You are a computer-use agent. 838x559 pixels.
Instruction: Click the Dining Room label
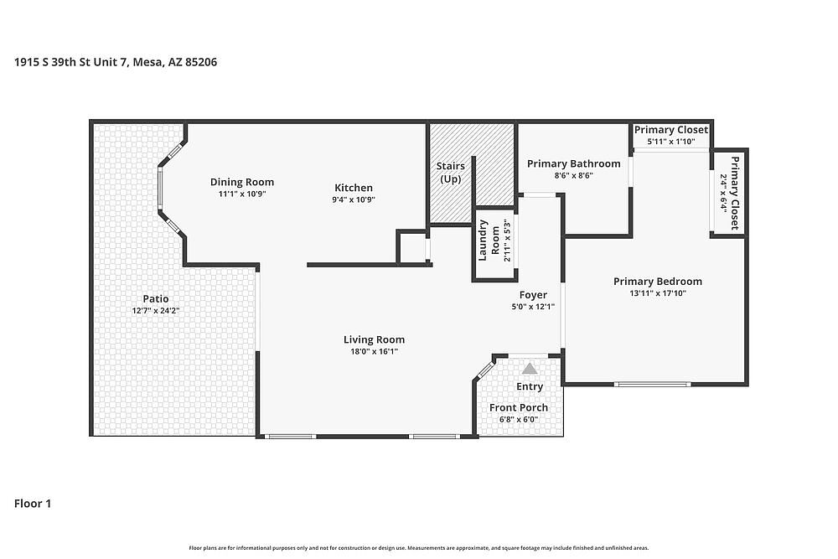click(241, 182)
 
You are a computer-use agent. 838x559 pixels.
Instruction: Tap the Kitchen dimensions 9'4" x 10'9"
click(354, 199)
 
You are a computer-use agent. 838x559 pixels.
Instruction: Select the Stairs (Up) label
click(451, 173)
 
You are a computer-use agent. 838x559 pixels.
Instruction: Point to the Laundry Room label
click(489, 241)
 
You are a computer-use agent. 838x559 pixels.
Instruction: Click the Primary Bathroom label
click(573, 163)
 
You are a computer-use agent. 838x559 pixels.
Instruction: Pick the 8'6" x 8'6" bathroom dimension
click(573, 175)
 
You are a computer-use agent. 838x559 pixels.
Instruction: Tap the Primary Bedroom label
click(657, 281)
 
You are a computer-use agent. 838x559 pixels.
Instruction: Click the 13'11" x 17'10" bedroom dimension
click(657, 292)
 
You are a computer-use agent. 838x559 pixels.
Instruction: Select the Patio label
click(156, 298)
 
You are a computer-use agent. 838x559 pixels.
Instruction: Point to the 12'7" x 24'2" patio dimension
click(156, 310)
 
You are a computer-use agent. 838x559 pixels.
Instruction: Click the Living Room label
click(374, 339)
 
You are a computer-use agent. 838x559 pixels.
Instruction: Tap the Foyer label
click(533, 295)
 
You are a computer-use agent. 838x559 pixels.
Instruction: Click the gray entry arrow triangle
click(530, 369)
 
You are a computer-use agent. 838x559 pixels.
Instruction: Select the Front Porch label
click(519, 408)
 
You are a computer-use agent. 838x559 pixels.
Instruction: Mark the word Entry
click(530, 386)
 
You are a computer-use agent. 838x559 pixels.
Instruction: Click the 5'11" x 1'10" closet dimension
click(670, 142)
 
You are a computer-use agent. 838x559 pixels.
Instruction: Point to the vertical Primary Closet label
click(735, 193)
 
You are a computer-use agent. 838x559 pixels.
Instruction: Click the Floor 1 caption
click(33, 504)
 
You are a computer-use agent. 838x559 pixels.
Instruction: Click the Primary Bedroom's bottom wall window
click(652, 384)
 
